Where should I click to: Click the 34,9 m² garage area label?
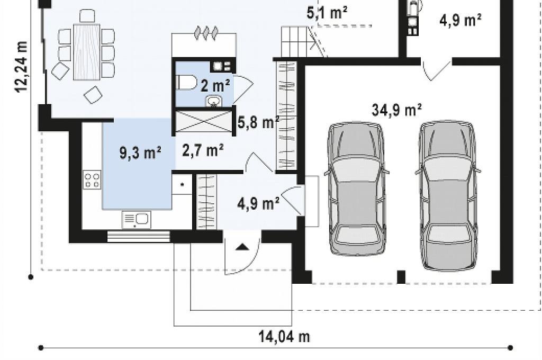pos(396,110)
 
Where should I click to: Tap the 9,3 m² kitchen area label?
pos(140,152)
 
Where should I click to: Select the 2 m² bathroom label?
pos(215,85)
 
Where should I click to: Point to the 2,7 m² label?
pos(203,150)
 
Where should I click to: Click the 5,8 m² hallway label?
pos(258,122)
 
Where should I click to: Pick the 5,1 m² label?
pos(327,13)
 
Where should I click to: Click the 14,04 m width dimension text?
pos(284,336)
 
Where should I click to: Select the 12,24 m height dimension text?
pos(21,67)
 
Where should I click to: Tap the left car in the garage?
pos(357,188)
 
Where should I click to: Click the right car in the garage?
pos(448,195)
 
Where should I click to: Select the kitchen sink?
pos(137,220)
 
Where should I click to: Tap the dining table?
pos(86,52)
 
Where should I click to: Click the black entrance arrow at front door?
pos(242,247)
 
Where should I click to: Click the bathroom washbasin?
pos(214,101)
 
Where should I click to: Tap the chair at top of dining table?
pos(87,16)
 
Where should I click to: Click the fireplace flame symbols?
pos(206,33)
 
